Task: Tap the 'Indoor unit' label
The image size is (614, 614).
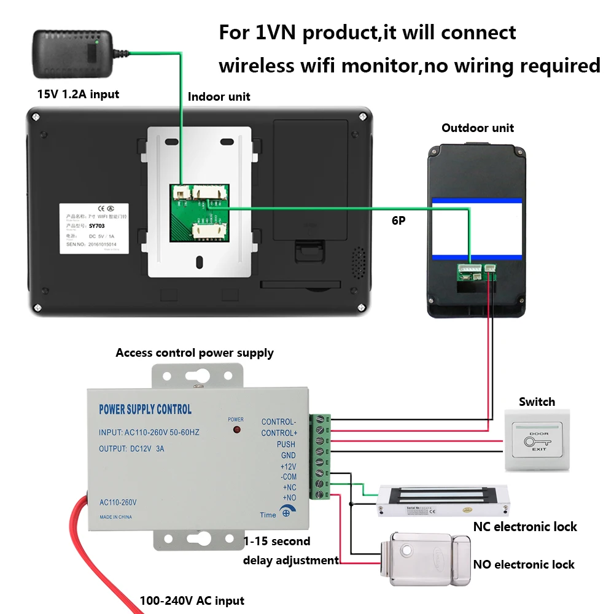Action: tap(219, 96)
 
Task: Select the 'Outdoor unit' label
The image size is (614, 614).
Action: tap(478, 128)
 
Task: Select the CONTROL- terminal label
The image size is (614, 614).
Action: tap(278, 422)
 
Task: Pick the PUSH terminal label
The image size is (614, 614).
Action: tap(286, 444)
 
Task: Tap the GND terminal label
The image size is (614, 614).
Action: tap(288, 455)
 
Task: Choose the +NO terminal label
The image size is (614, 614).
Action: tap(289, 497)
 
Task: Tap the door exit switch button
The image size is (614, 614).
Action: tap(537, 440)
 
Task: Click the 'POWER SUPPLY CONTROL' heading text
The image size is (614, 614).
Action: tap(145, 410)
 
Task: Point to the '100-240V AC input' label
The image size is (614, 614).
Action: tap(192, 600)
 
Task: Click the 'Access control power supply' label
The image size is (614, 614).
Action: tap(195, 353)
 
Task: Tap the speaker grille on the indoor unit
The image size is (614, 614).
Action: tap(357, 263)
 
